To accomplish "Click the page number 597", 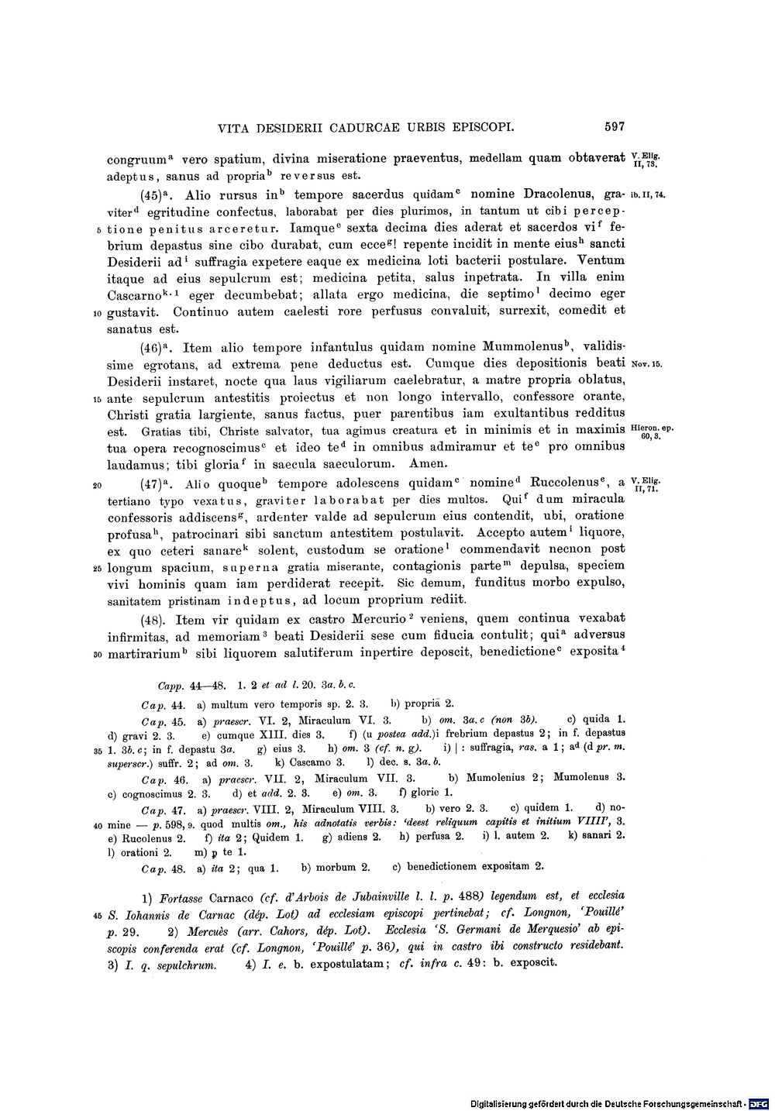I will pyautogui.click(x=611, y=127).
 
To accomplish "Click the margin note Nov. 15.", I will pyautogui.click(x=647, y=363).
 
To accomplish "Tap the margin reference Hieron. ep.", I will pyautogui.click(x=653, y=427).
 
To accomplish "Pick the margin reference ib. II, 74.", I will pyautogui.click(x=646, y=195).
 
